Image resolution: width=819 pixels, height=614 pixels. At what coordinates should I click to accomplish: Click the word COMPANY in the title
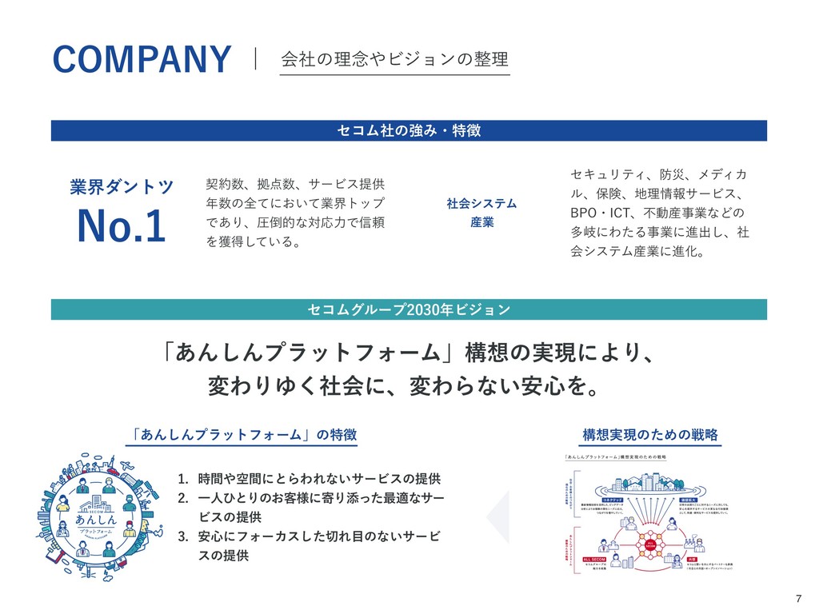coord(142,60)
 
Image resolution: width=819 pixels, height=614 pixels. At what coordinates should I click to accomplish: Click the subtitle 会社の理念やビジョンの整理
coord(394,60)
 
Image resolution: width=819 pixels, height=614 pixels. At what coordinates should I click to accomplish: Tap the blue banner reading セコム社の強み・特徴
coord(409,130)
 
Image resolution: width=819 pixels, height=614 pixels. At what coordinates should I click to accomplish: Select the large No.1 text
coord(121,226)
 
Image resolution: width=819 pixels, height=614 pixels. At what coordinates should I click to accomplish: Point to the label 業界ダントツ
coord(121,187)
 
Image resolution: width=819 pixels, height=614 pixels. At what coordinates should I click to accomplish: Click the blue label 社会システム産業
coord(481,213)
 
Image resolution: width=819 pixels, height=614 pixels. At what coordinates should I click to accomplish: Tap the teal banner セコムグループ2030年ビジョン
coord(409,309)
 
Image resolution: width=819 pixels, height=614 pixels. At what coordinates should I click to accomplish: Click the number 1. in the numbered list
coord(183,480)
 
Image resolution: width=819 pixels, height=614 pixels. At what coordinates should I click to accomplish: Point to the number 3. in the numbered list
coord(183,536)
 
